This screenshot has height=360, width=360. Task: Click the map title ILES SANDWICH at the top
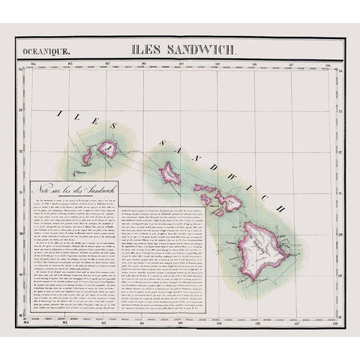(184, 52)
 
